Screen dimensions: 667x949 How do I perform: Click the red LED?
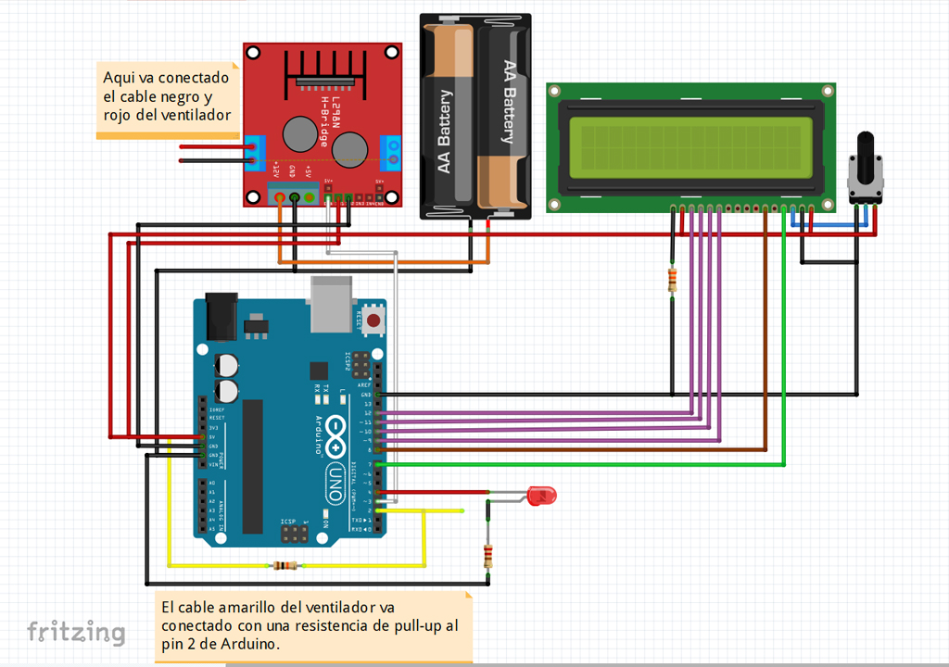539,496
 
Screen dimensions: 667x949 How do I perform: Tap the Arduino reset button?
374,321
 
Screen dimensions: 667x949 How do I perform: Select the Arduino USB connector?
331,305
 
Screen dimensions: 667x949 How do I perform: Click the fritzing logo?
76,633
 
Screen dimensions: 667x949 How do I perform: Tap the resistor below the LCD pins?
672,279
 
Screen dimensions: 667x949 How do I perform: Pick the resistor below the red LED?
488,556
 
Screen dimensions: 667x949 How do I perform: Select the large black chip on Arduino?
252,467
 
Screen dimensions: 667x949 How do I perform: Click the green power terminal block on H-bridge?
294,195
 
